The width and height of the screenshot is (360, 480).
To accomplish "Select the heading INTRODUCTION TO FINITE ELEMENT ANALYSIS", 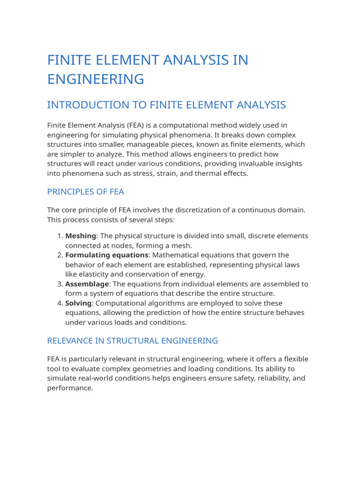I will pyautogui.click(x=166, y=105).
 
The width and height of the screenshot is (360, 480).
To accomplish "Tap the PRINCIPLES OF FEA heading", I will pyautogui.click(x=85, y=192).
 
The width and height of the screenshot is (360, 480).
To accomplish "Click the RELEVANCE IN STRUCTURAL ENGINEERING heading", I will pyautogui.click(x=133, y=341).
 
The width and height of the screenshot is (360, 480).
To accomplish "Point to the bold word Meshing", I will pyautogui.click(x=80, y=236).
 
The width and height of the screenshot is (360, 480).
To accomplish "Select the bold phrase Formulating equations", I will pyautogui.click(x=106, y=255).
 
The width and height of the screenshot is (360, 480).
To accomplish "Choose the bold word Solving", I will pyautogui.click(x=78, y=303).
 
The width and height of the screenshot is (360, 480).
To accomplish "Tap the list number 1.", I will pyautogui.click(x=59, y=236).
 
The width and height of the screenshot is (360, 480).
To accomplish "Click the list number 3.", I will pyautogui.click(x=59, y=284).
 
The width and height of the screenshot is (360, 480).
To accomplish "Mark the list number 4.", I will pyautogui.click(x=59, y=303).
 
